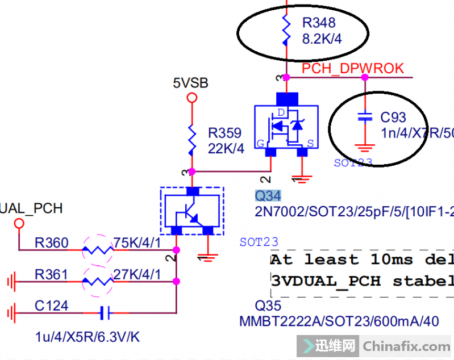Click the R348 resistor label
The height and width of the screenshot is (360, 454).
[x=319, y=23]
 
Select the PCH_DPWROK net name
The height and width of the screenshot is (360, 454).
[x=352, y=69]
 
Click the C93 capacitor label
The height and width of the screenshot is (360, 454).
[x=393, y=118]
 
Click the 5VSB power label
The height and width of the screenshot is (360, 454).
[x=191, y=83]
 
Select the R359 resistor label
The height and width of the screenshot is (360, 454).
[x=224, y=133]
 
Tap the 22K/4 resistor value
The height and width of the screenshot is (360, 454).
[x=226, y=149]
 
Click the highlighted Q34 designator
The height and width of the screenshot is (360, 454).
[x=268, y=196]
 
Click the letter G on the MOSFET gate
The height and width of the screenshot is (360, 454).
[x=260, y=144]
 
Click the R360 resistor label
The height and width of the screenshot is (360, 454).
[x=51, y=244]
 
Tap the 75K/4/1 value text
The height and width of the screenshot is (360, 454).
[x=137, y=244]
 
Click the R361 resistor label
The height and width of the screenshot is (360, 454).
[x=51, y=275]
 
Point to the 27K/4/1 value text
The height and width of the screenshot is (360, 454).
[x=137, y=275]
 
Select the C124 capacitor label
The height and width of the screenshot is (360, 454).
[x=51, y=306]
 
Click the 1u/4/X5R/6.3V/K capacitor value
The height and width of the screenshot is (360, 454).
[x=87, y=337]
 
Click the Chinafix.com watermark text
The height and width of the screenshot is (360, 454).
[x=406, y=346]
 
